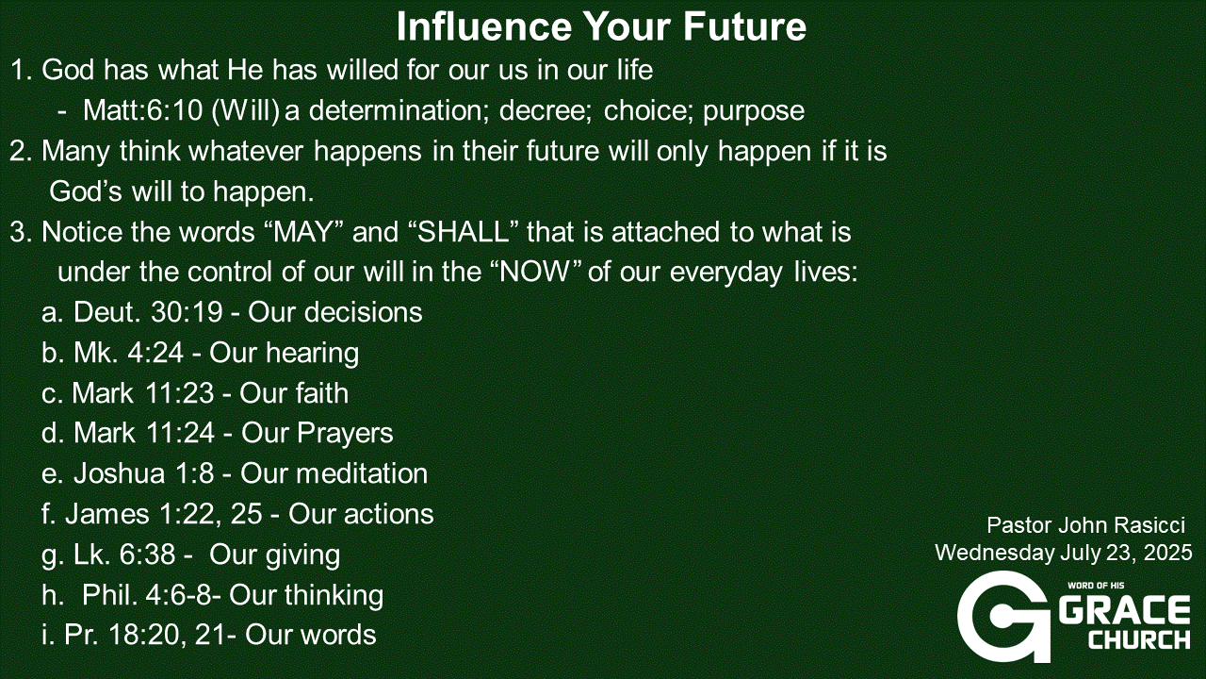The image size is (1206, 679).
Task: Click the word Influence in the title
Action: [484, 26]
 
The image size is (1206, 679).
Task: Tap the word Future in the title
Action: [745, 26]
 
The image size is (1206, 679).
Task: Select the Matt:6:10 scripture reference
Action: [142, 110]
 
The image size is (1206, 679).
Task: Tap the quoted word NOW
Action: [534, 272]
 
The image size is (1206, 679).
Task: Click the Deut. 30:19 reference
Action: [148, 312]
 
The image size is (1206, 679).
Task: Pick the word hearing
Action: [312, 354]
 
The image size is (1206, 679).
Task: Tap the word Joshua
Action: [119, 473]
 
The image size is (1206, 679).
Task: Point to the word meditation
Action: [362, 473]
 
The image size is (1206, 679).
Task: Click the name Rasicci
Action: [1148, 525]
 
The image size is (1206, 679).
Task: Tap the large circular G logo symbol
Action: [1002, 617]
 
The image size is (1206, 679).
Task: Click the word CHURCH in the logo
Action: [1139, 639]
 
